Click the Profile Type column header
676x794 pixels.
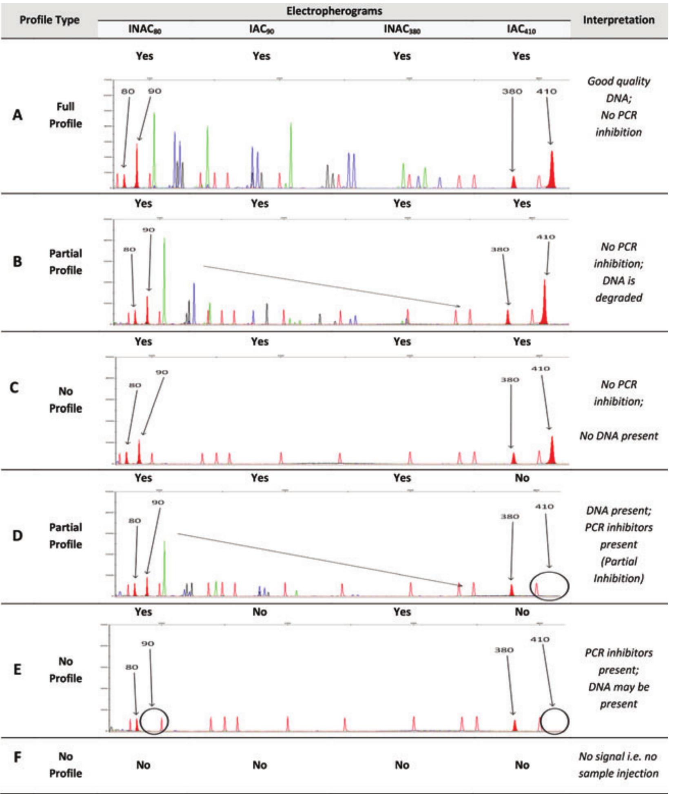click(49, 20)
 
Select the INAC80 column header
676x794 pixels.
click(144, 29)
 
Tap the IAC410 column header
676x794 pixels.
click(521, 29)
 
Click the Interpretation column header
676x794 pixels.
click(618, 20)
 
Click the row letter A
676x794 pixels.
click(17, 115)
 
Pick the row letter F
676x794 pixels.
click(17, 757)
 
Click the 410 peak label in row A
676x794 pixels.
click(546, 91)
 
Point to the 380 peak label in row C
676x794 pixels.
click(510, 380)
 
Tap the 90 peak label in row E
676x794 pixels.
click(148, 643)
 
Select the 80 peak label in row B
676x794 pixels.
click(129, 249)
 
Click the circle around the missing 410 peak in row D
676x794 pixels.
click(549, 586)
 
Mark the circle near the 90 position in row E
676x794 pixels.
click(154, 721)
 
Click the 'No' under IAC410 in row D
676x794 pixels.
click(522, 478)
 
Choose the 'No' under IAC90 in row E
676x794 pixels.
click(259, 612)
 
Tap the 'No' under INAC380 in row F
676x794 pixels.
click(402, 765)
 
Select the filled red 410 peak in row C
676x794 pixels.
click(552, 451)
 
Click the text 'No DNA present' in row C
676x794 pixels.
click(618, 436)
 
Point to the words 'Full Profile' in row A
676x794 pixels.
click(65, 115)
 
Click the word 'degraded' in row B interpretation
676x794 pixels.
click(618, 297)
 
